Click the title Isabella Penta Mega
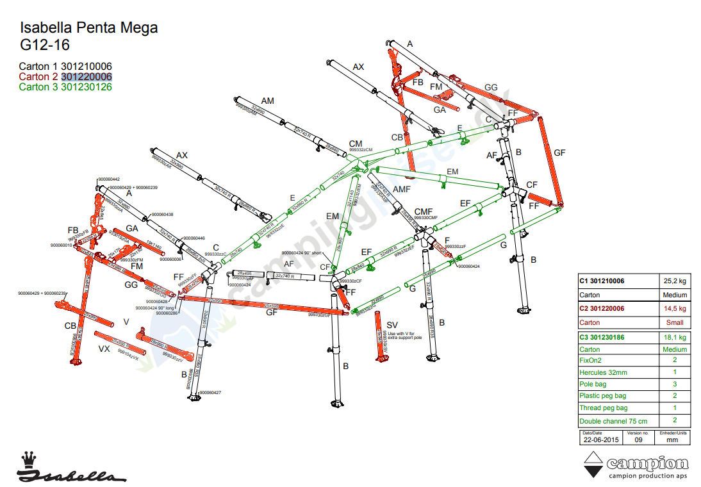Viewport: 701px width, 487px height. pyautogui.click(x=88, y=28)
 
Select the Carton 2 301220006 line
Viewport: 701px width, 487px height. pyautogui.click(x=65, y=77)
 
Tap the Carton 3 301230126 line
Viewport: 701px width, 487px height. pyautogui.click(x=65, y=87)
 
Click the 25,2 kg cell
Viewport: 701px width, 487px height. pyautogui.click(x=673, y=281)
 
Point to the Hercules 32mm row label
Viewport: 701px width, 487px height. pyautogui.click(x=603, y=372)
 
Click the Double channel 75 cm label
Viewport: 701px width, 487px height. pyautogui.click(x=613, y=421)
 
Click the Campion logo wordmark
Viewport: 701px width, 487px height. pyautogui.click(x=647, y=463)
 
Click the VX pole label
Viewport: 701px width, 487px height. pyautogui.click(x=104, y=349)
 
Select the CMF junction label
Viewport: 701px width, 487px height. pyautogui.click(x=424, y=212)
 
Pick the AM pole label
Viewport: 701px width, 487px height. pyautogui.click(x=267, y=101)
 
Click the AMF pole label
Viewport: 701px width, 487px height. pyautogui.click(x=401, y=189)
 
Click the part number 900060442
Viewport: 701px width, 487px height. pyautogui.click(x=109, y=179)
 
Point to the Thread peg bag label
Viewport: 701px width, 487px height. pyautogui.click(x=603, y=408)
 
